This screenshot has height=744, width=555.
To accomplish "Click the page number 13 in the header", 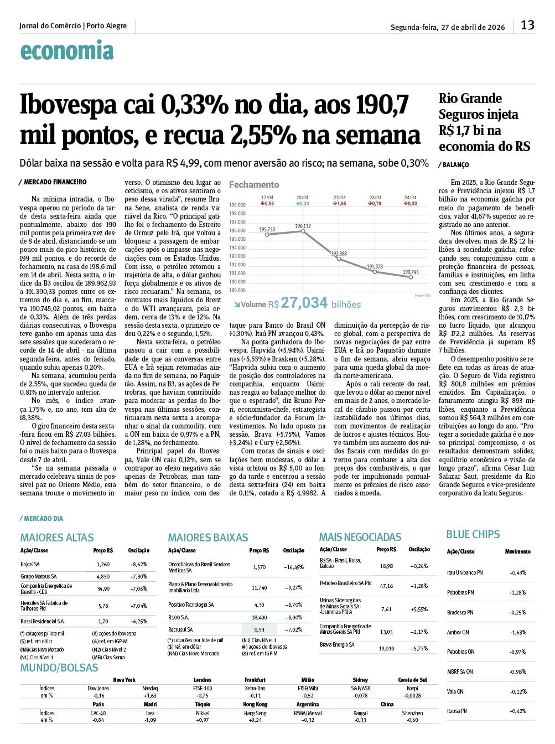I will [527, 25].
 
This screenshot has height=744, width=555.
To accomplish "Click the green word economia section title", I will [66, 51].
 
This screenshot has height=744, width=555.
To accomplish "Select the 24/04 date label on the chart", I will [410, 198].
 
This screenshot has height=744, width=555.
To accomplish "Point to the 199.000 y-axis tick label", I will [237, 205].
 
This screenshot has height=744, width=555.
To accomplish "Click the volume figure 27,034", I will [304, 303].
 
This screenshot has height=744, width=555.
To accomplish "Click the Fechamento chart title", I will [254, 184].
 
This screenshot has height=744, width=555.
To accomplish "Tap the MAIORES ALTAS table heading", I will [57, 538].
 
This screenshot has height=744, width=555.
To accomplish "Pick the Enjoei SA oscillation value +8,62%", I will [138, 564].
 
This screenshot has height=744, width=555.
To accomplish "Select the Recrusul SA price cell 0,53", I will [259, 629].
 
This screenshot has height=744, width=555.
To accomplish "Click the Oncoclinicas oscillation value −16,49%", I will [293, 567].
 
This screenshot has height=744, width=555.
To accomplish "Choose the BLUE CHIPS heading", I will [473, 534].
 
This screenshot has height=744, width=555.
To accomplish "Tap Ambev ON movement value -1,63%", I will [517, 632].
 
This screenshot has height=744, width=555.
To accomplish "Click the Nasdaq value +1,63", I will [150, 696].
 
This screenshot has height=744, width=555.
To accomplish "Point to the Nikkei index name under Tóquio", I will [203, 713].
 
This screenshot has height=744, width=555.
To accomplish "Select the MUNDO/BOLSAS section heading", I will [59, 668].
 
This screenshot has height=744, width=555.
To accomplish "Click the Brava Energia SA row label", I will [337, 644].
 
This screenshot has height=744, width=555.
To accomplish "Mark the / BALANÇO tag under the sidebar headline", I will [454, 165].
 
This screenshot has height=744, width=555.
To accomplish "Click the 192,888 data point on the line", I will [339, 259].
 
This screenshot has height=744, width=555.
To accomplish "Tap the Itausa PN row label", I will [457, 711].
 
